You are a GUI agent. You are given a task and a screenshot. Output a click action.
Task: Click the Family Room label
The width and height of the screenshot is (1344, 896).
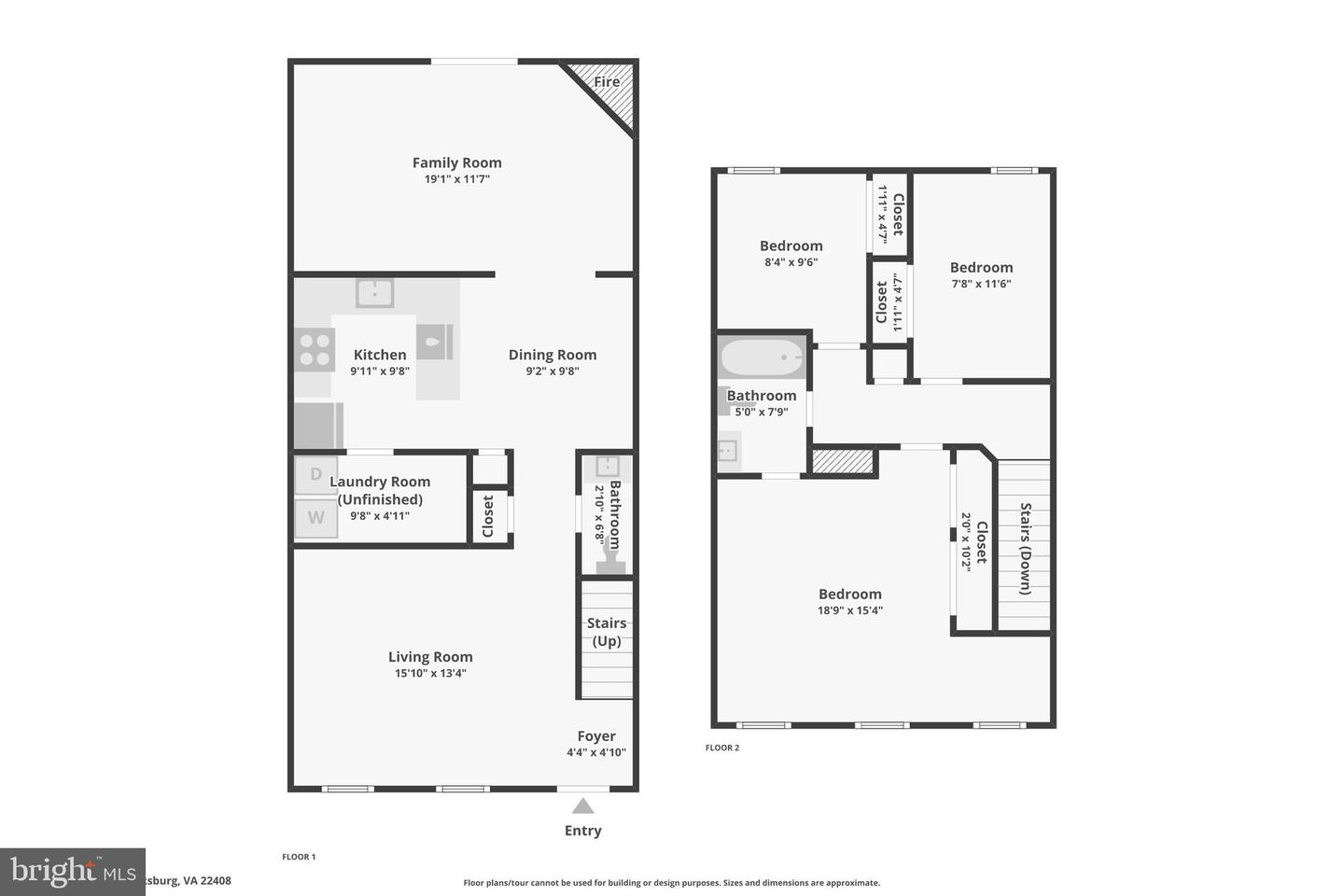tap(456, 162)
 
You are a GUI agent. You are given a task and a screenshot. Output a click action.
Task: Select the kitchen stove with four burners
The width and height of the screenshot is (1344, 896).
tap(315, 350)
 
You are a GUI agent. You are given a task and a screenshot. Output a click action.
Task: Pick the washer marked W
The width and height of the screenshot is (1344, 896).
tap(315, 518)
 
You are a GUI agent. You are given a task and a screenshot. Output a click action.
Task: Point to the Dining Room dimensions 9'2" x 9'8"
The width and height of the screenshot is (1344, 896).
tap(552, 371)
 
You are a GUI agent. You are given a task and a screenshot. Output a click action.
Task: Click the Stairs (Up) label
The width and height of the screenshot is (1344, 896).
tap(606, 632)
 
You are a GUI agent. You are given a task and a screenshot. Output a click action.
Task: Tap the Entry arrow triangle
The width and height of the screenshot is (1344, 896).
tap(582, 806)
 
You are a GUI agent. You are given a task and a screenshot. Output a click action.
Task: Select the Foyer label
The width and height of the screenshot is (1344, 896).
tap(595, 736)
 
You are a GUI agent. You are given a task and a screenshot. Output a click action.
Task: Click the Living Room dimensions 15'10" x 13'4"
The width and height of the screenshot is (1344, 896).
tap(430, 674)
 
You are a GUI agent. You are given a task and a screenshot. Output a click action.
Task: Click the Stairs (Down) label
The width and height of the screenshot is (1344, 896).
tap(1025, 549)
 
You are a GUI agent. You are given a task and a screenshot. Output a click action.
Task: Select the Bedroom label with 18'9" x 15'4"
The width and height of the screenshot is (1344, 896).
tap(849, 594)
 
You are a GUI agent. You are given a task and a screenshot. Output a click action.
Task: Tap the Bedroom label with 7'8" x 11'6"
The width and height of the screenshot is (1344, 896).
tap(981, 267)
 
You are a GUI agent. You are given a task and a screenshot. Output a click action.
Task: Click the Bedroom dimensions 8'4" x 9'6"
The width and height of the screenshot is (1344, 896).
tap(791, 263)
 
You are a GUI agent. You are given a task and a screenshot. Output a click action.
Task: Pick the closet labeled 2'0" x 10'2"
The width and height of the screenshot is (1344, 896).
tap(973, 541)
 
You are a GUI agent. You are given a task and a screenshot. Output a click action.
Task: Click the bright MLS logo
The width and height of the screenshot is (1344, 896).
tap(73, 872)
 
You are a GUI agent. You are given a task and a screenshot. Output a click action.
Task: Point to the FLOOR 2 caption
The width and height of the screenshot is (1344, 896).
tap(721, 748)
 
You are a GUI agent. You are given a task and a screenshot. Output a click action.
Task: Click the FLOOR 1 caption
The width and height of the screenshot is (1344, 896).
tap(299, 857)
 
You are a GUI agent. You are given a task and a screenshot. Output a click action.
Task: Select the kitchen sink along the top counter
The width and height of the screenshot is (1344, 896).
tap(374, 293)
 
